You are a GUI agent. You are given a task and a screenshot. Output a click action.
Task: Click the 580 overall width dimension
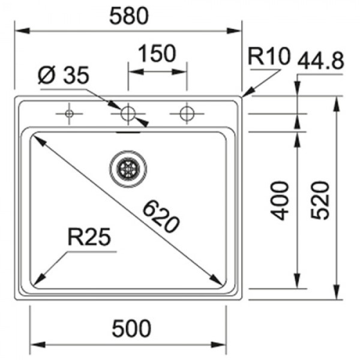point(129,16)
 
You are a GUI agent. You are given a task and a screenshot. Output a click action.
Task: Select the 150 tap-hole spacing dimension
point(157,53)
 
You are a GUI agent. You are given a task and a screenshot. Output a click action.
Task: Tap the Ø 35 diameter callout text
point(64,75)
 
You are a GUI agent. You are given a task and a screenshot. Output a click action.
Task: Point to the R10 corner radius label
point(269,56)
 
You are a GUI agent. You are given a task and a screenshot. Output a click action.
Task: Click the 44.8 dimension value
point(321,61)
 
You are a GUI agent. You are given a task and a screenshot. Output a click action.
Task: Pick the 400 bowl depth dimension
point(280,200)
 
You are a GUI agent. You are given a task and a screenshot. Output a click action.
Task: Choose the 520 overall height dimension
point(320,200)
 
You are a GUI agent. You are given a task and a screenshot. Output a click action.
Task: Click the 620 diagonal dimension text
point(160,217)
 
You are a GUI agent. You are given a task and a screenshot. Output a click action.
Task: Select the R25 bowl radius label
point(89,237)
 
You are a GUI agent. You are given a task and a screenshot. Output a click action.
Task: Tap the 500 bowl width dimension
point(131,328)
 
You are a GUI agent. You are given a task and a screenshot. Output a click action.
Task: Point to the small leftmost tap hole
point(69,113)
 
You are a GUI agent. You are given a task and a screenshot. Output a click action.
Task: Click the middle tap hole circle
point(128,113)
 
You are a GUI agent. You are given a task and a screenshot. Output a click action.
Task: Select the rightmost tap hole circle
point(187,113)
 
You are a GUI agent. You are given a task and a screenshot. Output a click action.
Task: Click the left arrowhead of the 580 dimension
point(22,31)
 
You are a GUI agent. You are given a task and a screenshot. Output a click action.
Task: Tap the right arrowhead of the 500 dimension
point(218,344)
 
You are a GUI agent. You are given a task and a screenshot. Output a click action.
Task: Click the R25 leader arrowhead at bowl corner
point(38,280)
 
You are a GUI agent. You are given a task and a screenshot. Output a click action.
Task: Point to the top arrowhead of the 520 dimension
point(337,104)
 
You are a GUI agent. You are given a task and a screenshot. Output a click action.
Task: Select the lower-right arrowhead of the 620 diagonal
point(216,280)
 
